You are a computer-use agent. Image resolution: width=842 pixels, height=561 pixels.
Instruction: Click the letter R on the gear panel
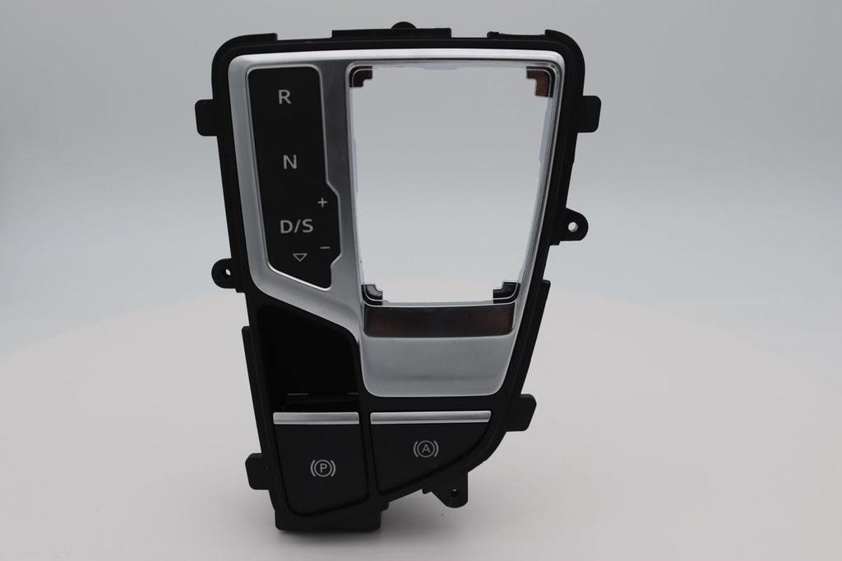click(x=284, y=97)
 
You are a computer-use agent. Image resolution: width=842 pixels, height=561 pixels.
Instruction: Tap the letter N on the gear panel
click(x=289, y=162)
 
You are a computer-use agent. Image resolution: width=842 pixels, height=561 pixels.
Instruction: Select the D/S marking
click(x=296, y=227)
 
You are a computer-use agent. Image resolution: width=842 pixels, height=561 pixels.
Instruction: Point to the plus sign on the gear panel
click(x=322, y=202)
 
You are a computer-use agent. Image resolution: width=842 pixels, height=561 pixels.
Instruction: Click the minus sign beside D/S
click(x=324, y=247)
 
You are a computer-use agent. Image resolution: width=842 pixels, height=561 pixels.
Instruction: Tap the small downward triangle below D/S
click(x=299, y=257)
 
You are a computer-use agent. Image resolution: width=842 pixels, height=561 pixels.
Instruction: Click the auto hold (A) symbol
click(x=425, y=448)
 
